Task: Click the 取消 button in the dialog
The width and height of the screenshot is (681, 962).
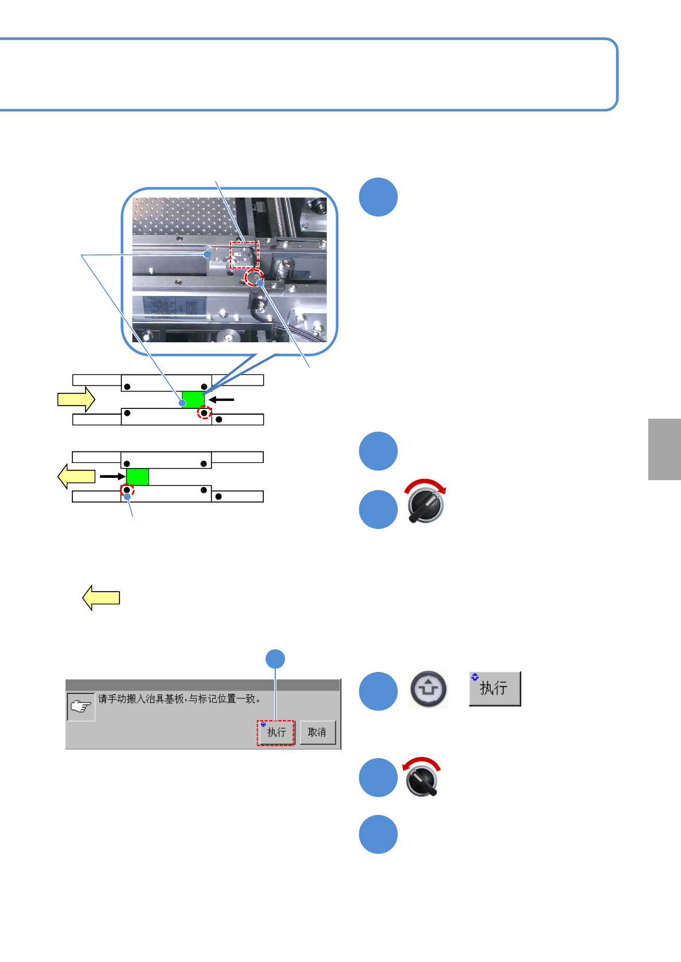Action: [317, 732]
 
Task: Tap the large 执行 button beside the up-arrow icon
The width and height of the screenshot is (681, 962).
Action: [494, 688]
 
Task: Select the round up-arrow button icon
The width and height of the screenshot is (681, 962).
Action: [428, 689]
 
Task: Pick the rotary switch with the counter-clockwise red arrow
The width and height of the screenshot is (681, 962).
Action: [422, 778]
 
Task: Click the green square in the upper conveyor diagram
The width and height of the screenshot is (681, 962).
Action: [193, 399]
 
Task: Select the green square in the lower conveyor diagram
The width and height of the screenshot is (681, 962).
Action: [137, 477]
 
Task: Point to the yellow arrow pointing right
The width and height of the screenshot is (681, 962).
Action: [76, 399]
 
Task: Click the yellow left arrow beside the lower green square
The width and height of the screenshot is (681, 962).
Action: [76, 477]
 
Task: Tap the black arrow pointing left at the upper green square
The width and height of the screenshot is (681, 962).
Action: [221, 399]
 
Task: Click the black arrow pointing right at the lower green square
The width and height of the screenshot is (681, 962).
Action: [112, 477]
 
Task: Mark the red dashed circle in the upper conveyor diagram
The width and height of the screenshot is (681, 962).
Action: [205, 413]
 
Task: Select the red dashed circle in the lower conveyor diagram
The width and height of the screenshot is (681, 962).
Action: [127, 490]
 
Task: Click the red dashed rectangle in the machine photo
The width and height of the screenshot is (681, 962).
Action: [244, 254]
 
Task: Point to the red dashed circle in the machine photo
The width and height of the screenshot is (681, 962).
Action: [253, 279]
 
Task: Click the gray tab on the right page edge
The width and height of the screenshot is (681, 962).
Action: [664, 449]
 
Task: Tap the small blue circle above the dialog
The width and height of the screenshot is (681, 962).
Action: [275, 659]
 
